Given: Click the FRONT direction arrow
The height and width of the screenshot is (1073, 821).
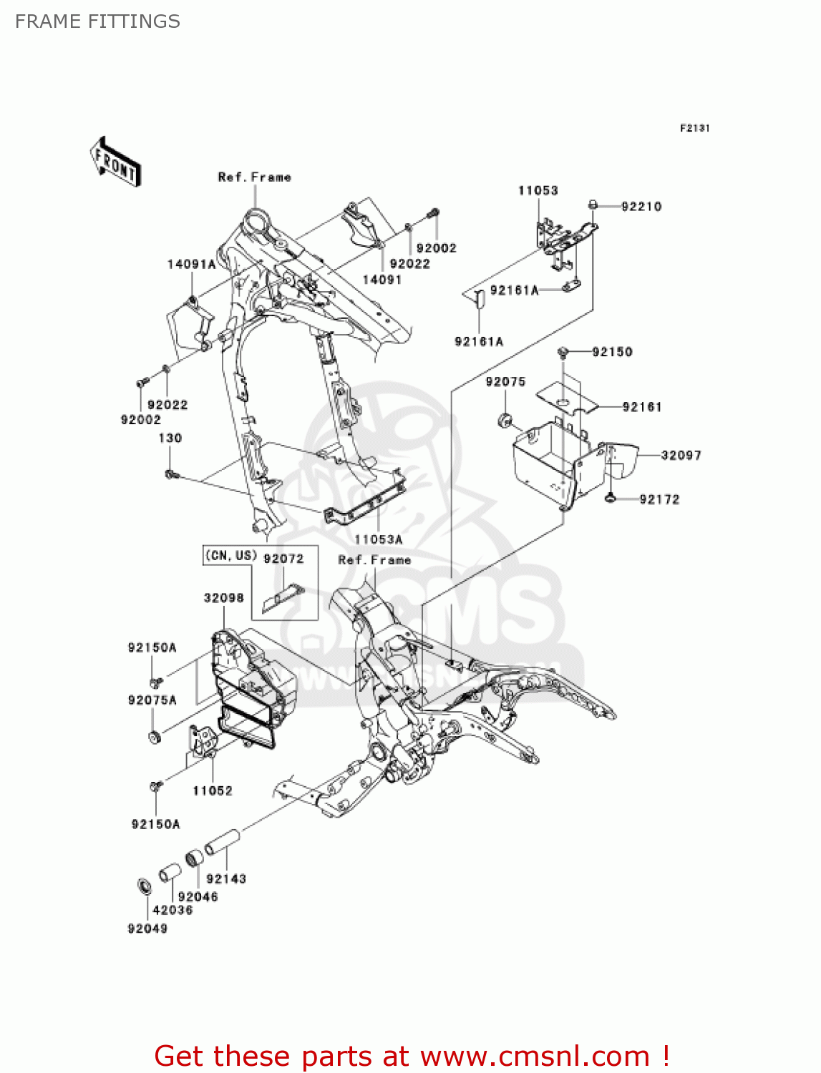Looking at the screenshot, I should point(115,162).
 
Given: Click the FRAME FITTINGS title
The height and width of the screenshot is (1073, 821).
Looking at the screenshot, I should point(97,21).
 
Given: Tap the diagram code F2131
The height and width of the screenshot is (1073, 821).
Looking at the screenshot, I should point(694,128).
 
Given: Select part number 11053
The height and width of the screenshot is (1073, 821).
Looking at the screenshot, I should point(538,190).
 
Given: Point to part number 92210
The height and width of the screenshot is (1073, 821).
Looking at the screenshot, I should point(641,207).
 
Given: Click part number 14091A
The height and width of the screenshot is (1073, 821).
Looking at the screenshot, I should point(191,264).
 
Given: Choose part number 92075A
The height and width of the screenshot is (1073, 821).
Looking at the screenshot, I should point(152,700).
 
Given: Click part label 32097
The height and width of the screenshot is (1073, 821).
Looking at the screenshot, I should point(681,455).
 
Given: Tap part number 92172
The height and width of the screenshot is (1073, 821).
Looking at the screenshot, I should point(659,499).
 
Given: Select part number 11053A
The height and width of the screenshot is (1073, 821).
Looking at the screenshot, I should point(379,539).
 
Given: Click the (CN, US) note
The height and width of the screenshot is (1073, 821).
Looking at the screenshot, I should point(230,556).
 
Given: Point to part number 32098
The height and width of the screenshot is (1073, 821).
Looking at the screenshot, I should point(223,598).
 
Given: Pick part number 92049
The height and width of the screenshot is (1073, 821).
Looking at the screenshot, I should point(147,929).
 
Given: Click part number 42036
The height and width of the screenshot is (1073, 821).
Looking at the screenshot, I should point(173,910).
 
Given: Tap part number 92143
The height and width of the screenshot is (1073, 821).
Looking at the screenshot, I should point(226,878).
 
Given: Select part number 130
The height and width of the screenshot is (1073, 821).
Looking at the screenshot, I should point(170,438).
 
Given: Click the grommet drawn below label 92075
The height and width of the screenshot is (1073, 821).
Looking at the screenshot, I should point(505,419).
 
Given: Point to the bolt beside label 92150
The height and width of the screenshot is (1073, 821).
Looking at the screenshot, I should point(563,352).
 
